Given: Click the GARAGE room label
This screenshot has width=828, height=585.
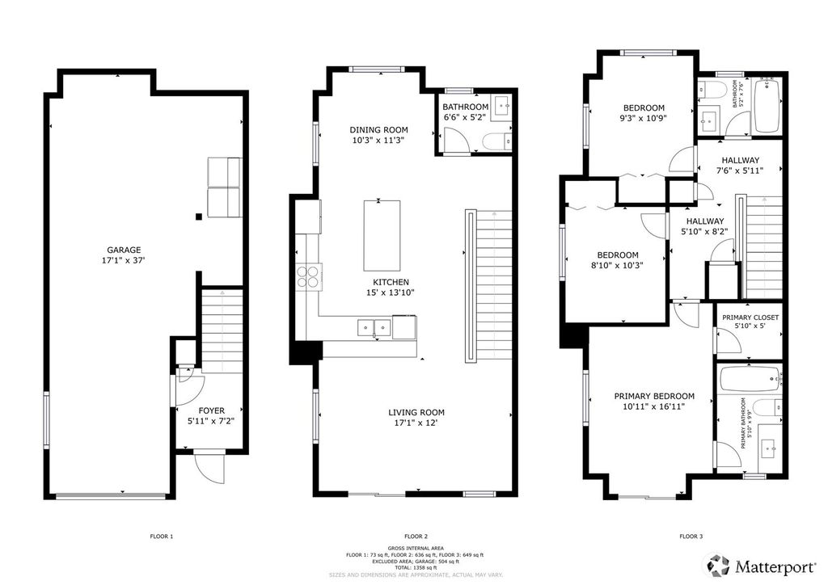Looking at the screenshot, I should [x=125, y=250].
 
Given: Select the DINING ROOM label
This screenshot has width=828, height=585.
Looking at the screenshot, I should [x=378, y=129].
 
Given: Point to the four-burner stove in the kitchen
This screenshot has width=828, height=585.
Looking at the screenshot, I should [x=309, y=276].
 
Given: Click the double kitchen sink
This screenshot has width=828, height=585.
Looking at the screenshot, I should [x=374, y=327].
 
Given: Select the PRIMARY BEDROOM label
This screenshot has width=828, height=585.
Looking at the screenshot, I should [x=654, y=396].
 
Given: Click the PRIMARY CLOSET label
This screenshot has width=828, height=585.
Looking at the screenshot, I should [x=751, y=318].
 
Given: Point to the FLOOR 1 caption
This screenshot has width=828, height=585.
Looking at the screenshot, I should [x=162, y=537].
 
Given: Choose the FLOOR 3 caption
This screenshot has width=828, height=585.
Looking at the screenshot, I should [x=691, y=537].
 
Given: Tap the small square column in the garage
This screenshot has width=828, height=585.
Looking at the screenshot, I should [x=198, y=217].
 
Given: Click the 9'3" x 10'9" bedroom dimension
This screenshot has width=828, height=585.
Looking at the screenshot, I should [x=644, y=119].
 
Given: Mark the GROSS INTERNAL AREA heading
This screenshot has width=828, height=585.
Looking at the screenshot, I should [x=414, y=549].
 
